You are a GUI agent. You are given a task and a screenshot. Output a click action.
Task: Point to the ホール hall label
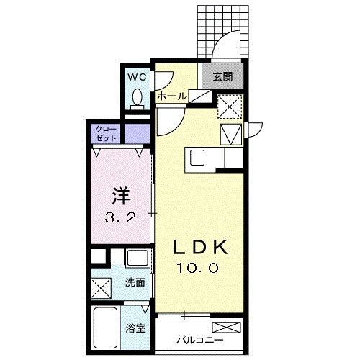171,96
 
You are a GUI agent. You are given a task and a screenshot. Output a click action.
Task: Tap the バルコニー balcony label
196,340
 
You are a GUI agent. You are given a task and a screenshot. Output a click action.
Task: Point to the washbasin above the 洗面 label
135,258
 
